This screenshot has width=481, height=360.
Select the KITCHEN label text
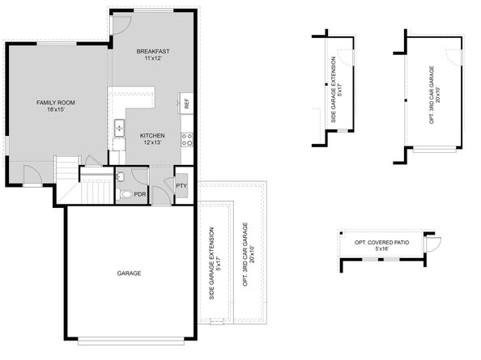click(x=152, y=135)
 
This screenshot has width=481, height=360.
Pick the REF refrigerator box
click(x=186, y=104)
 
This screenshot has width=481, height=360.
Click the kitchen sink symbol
click(x=119, y=128)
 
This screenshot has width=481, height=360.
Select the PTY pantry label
click(x=181, y=186)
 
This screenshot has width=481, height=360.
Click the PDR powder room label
click(x=140, y=195)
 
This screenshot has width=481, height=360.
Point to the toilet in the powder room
click(x=125, y=194)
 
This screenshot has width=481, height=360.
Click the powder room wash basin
click(x=121, y=176)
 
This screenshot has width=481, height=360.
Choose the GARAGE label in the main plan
click(x=128, y=273)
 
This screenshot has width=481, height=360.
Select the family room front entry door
click(x=32, y=175)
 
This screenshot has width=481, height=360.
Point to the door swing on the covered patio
click(x=432, y=244)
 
